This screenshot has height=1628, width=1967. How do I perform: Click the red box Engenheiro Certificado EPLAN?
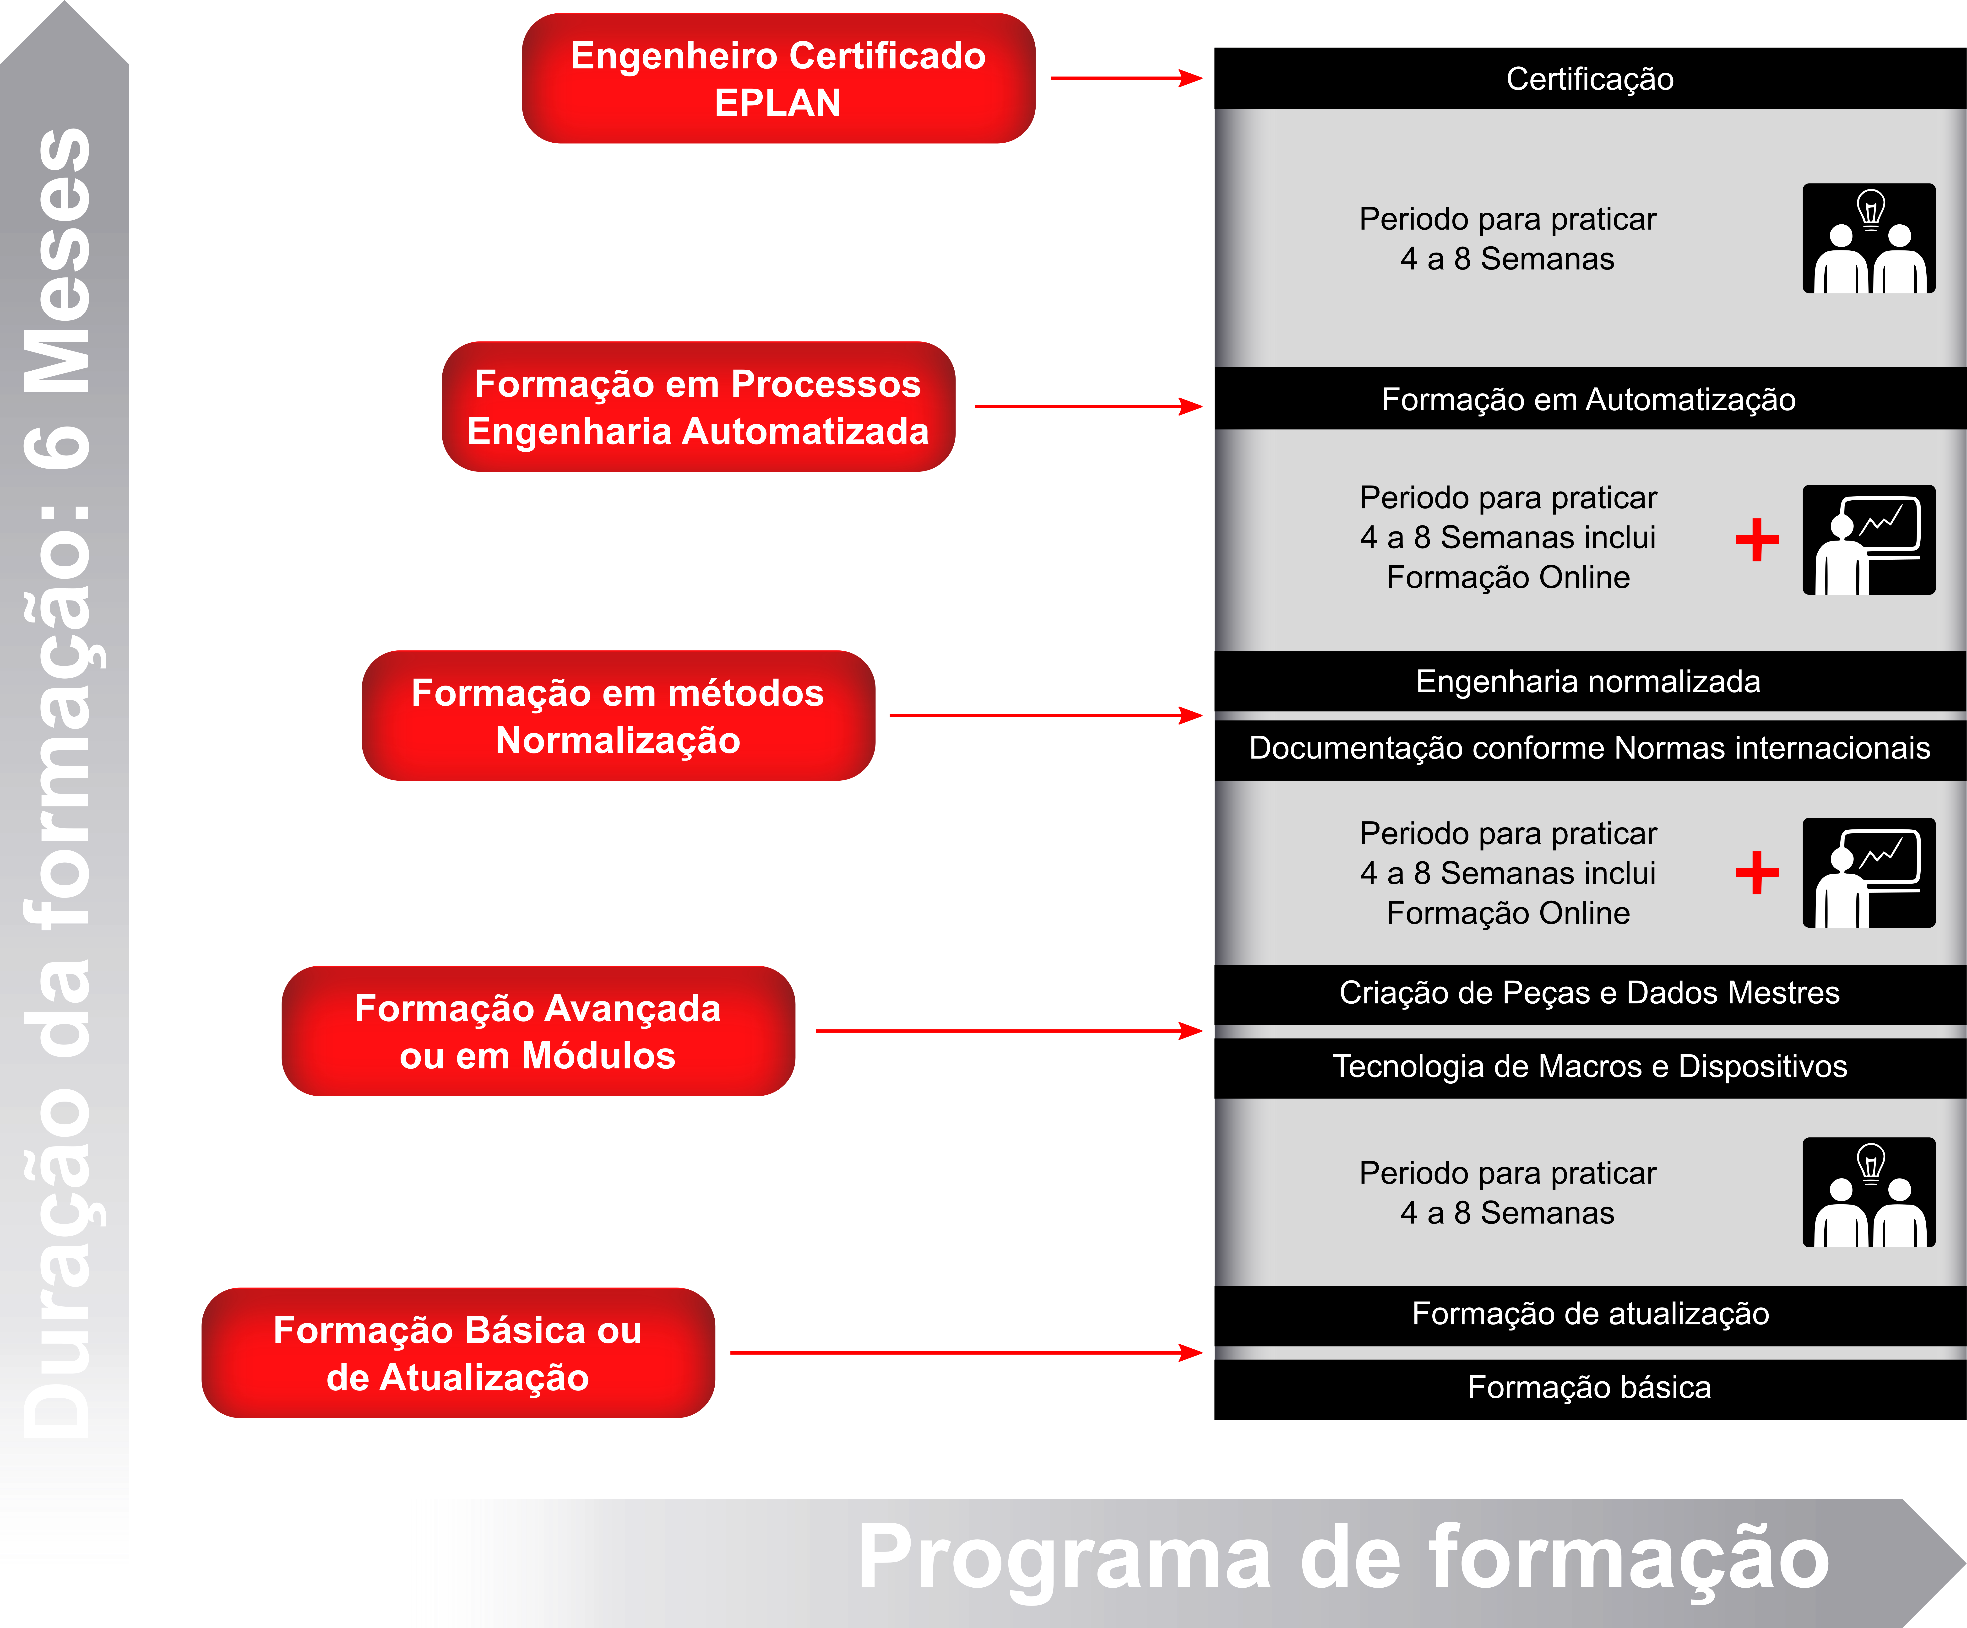click(x=777, y=79)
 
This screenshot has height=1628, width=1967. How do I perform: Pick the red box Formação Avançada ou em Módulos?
click(x=538, y=1031)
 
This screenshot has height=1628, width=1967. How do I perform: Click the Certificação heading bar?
click(x=1590, y=79)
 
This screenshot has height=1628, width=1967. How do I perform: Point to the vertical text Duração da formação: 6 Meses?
click(x=58, y=782)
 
